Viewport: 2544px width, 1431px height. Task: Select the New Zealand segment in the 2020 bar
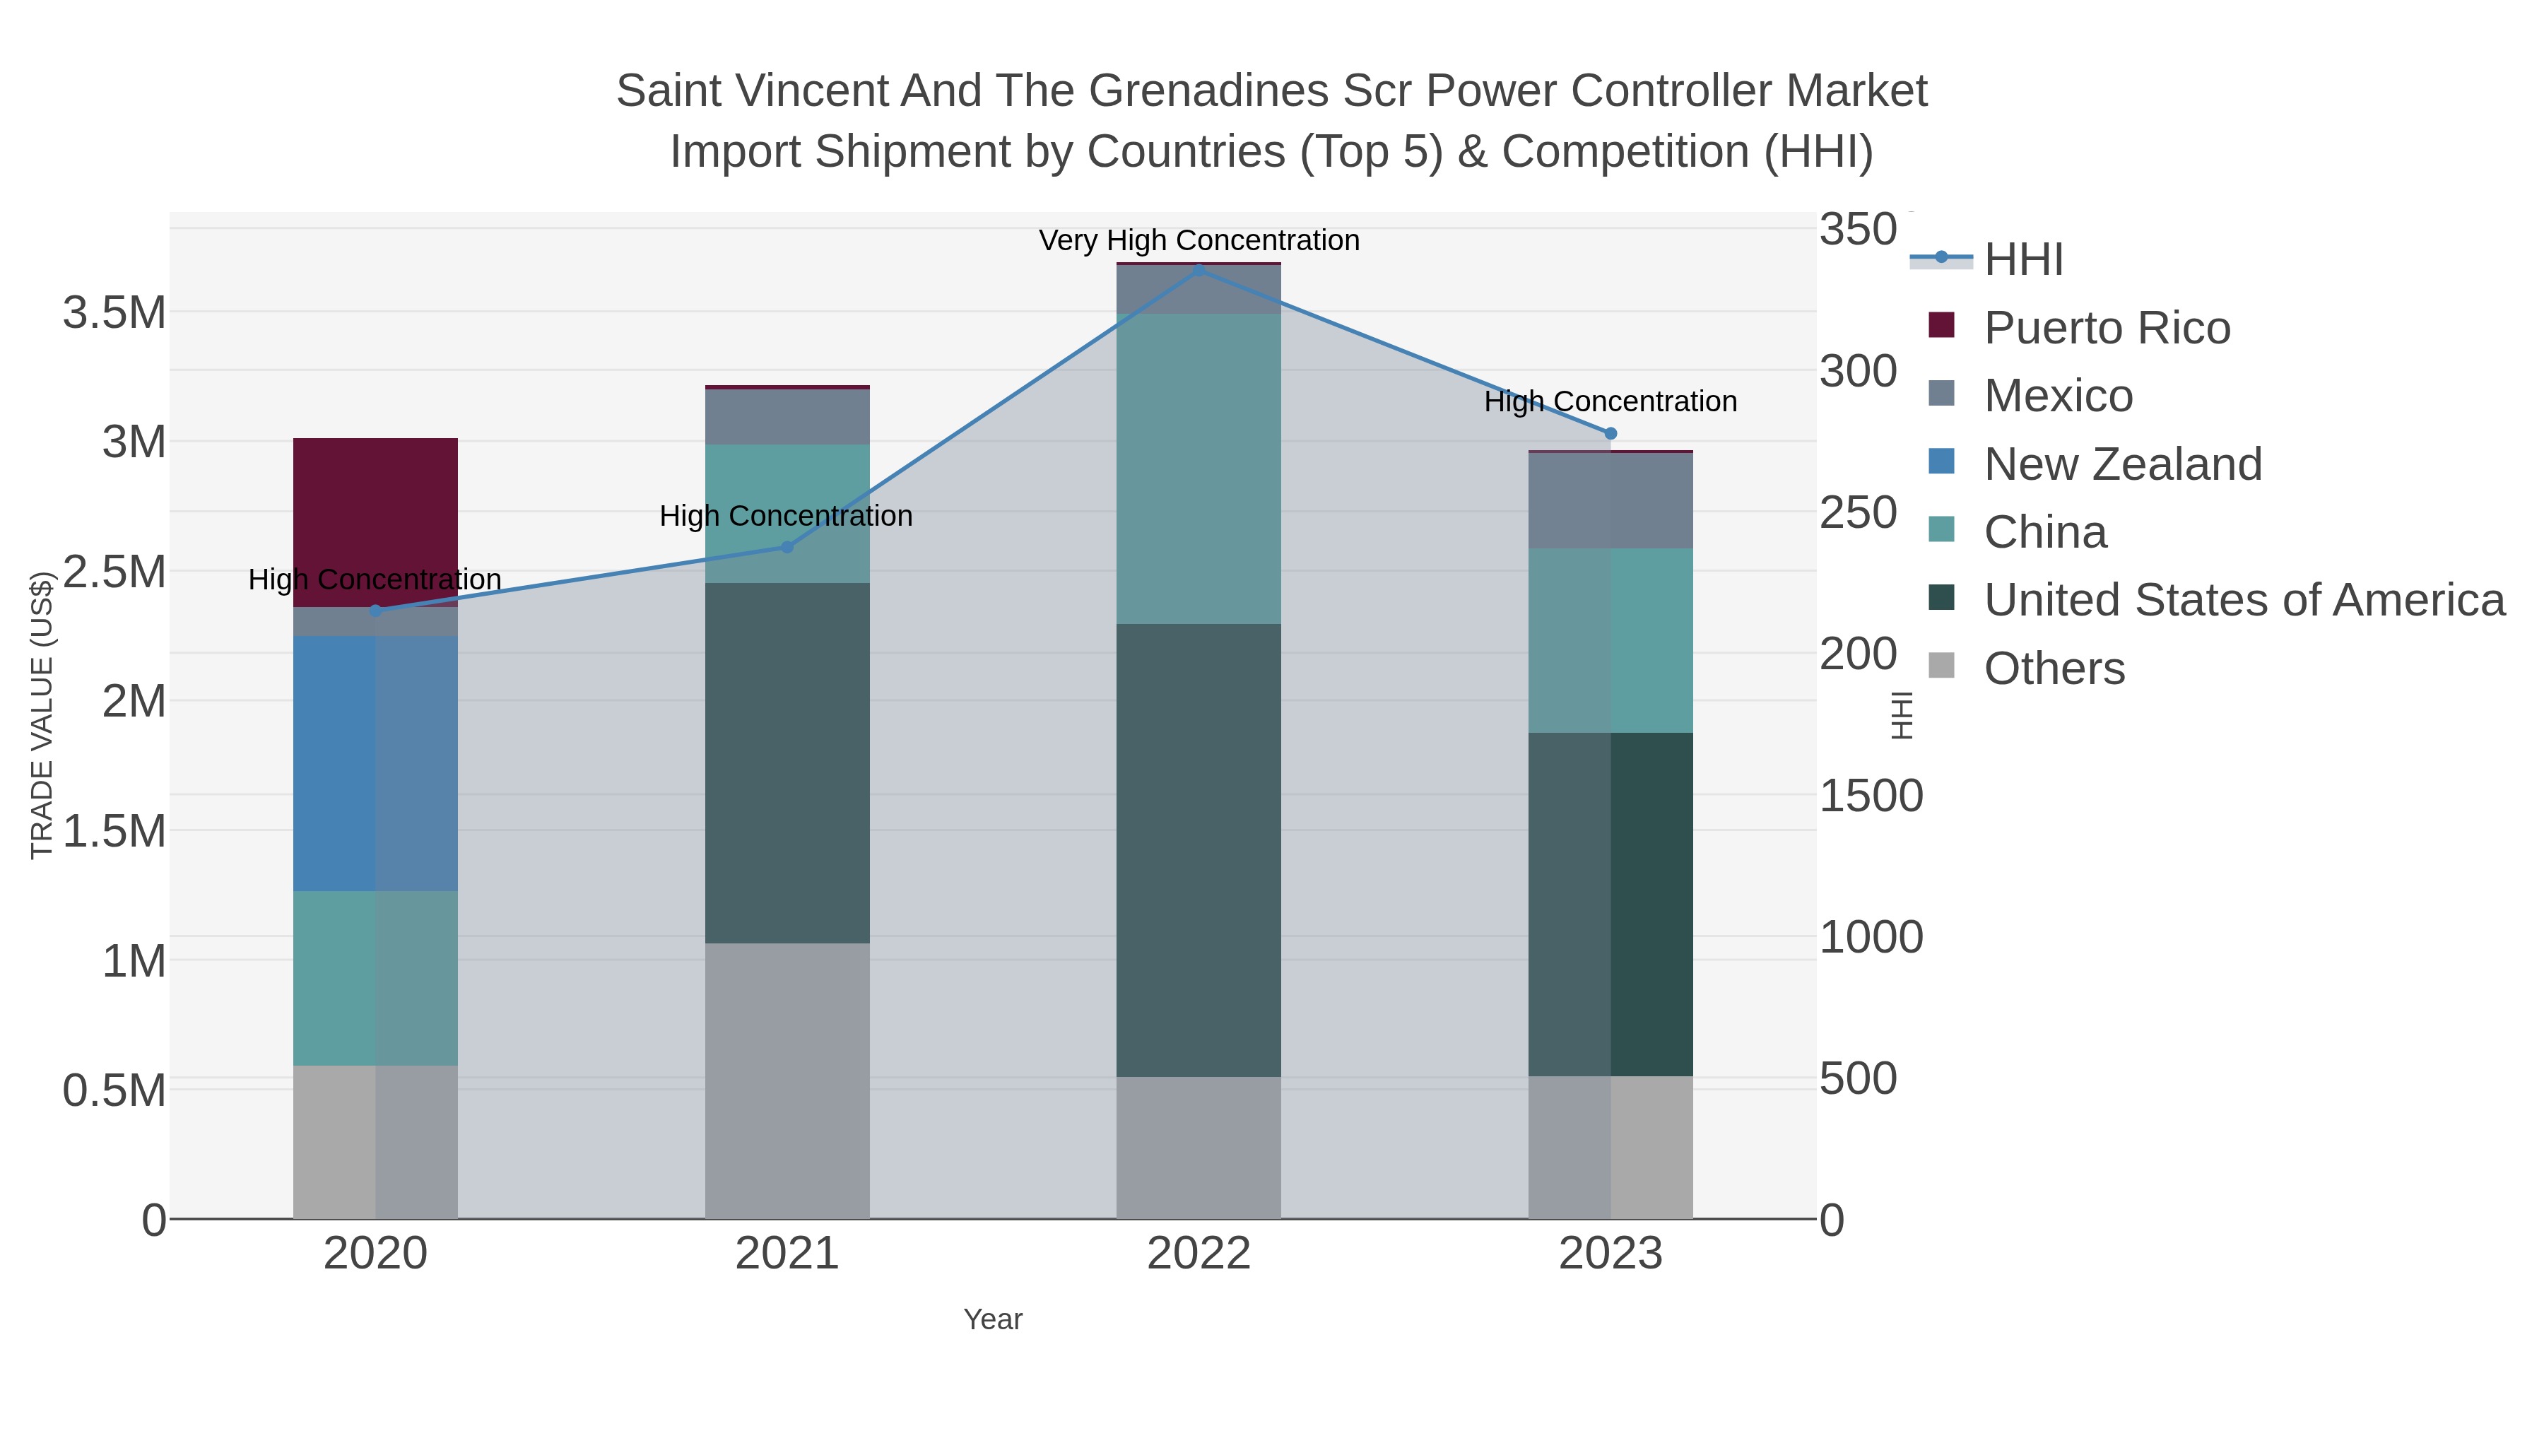(375, 762)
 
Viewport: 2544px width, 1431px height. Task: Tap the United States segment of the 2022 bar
(1198, 849)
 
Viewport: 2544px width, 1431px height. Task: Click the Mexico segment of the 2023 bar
(1610, 501)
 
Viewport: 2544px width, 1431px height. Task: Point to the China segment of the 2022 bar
(1198, 468)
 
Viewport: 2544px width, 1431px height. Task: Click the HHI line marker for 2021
(787, 547)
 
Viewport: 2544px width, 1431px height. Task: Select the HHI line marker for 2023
(1610, 434)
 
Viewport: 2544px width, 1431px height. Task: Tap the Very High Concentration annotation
(1198, 241)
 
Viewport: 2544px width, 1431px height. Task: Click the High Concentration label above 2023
(1610, 402)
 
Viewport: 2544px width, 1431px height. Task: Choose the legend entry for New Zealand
(2121, 464)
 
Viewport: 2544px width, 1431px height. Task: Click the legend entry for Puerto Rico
(2106, 328)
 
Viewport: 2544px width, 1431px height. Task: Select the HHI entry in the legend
(2022, 260)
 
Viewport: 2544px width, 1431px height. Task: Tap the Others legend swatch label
(2053, 669)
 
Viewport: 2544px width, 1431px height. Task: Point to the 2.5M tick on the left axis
(114, 572)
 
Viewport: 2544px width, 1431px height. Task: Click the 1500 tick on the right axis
(1869, 796)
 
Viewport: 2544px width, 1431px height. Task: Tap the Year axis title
(993, 1319)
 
